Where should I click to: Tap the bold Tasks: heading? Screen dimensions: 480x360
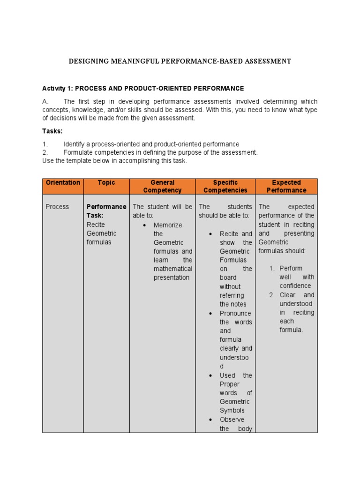pos(52,131)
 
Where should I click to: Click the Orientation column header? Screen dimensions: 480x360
pos(63,182)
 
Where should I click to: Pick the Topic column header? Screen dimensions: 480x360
pos(106,182)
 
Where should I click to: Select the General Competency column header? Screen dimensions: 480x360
pos(162,186)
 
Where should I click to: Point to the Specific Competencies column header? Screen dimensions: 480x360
pos(225,186)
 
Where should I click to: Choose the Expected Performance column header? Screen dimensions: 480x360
pos(286,186)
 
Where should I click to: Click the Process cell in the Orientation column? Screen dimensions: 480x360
pos(57,207)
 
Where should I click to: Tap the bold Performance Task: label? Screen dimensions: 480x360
pos(106,211)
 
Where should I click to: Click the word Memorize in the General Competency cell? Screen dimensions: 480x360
pos(168,225)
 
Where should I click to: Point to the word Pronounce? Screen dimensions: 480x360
pos(235,313)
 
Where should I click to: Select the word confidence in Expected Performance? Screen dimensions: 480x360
pos(295,286)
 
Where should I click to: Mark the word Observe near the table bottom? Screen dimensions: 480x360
pos(232,420)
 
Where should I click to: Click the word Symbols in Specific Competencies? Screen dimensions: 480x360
pos(232,411)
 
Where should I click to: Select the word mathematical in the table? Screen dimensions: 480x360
pos(173,269)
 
